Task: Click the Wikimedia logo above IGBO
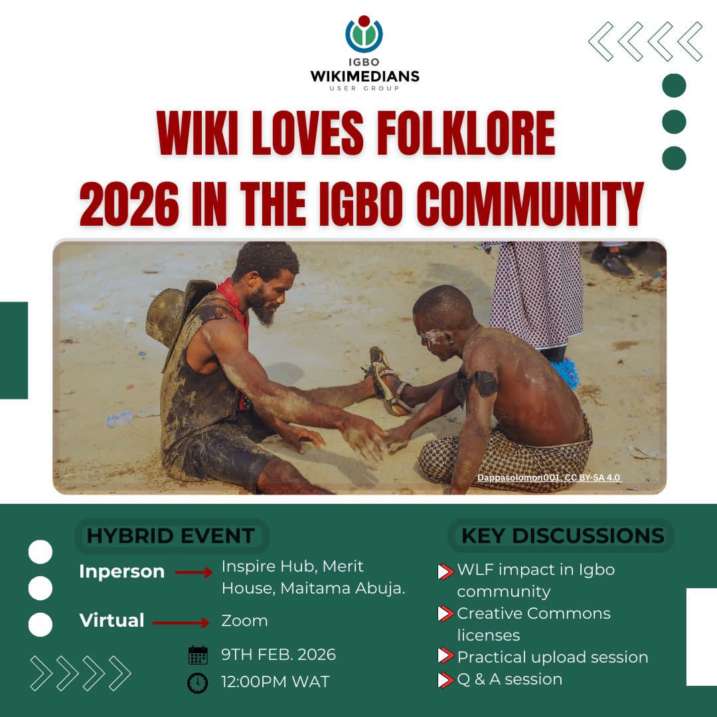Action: [364, 35]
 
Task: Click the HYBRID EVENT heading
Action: [171, 536]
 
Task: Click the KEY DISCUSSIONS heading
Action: [562, 536]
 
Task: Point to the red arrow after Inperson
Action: [193, 572]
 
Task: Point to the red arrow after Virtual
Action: [181, 622]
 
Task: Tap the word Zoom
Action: [244, 621]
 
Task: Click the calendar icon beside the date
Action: [198, 655]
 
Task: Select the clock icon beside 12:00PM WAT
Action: [197, 682]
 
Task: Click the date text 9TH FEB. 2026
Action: [278, 655]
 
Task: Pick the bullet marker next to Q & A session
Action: [445, 680]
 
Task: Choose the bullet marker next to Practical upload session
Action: [445, 657]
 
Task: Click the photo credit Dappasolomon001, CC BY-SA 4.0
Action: [549, 477]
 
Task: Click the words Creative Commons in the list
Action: [533, 613]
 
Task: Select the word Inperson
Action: [121, 572]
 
